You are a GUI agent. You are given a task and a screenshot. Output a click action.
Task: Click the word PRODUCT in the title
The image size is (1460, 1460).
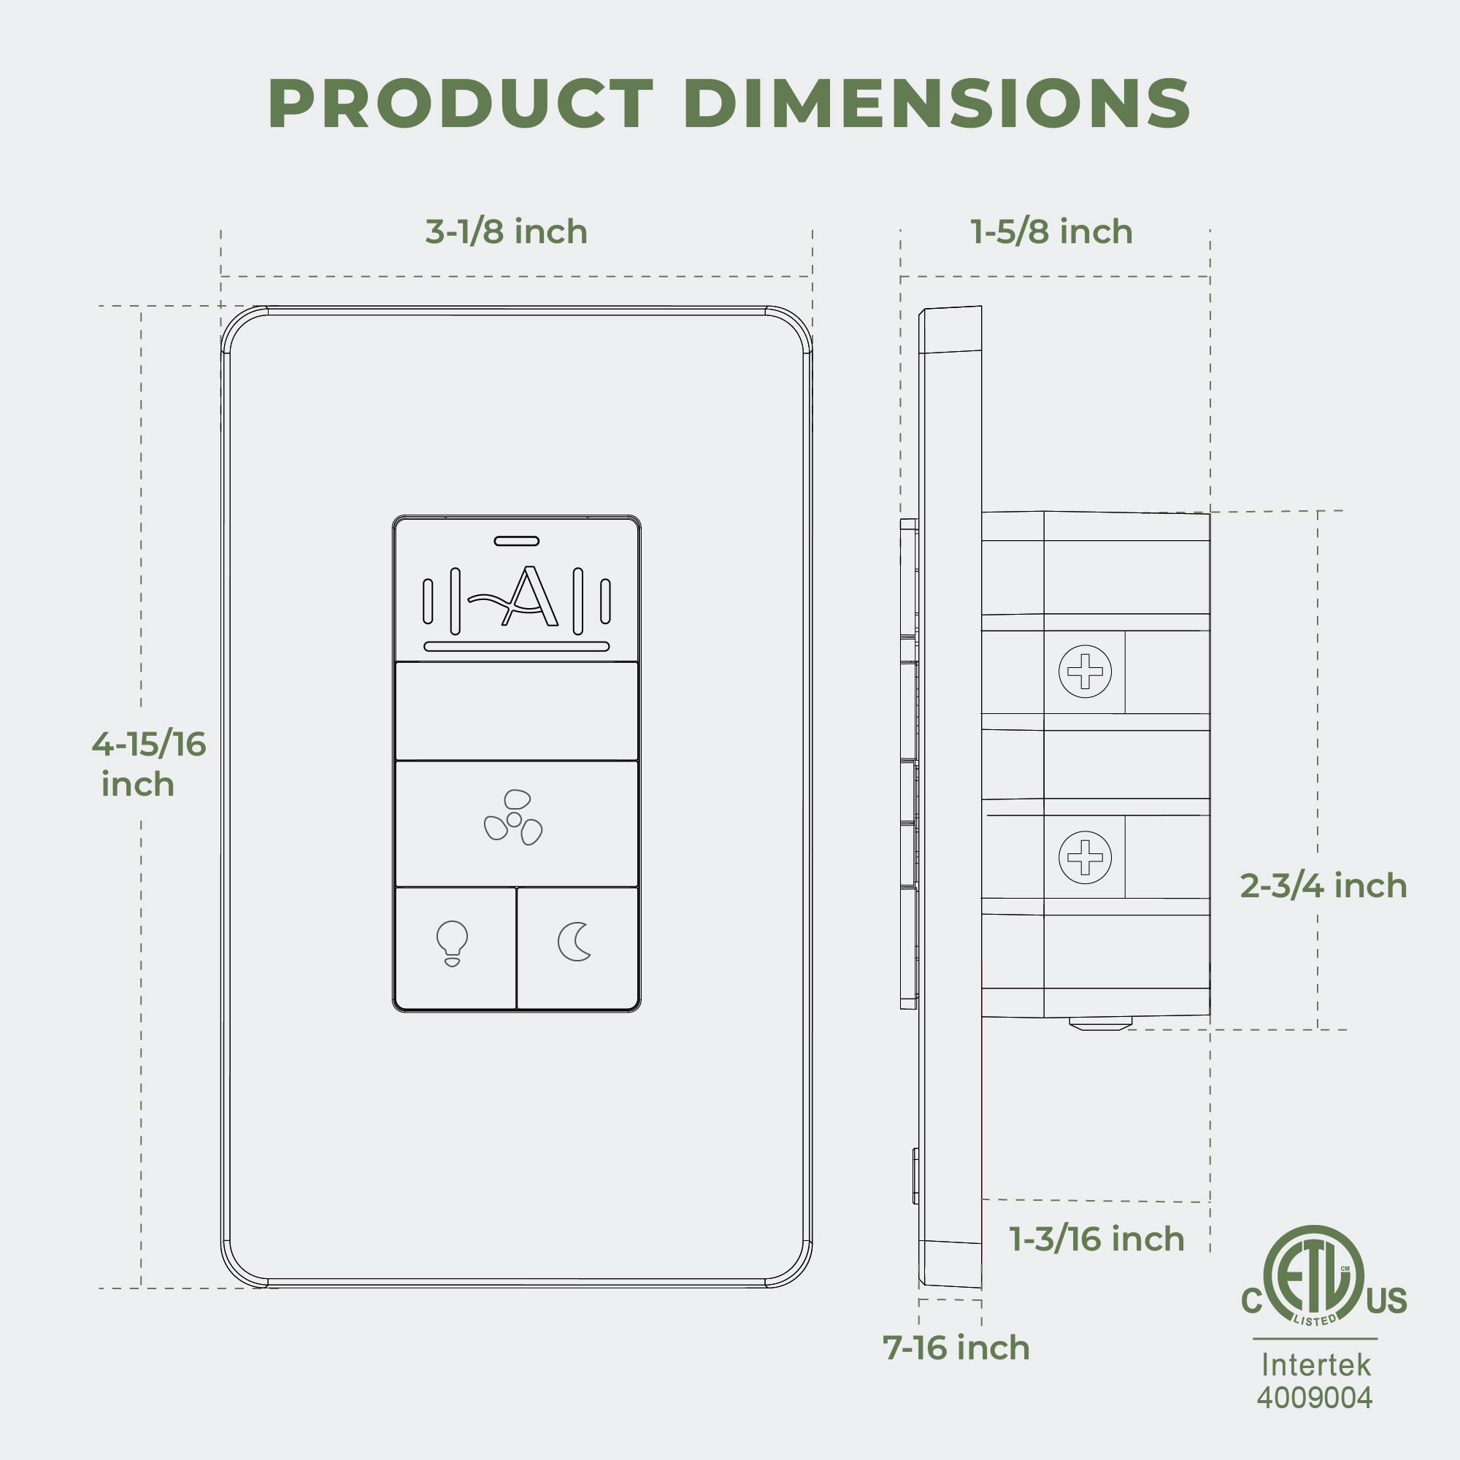[x=461, y=104]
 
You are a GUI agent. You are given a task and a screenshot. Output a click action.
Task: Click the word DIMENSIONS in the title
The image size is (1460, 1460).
[x=937, y=104]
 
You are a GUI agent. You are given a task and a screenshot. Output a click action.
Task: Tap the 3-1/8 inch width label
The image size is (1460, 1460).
[x=507, y=231]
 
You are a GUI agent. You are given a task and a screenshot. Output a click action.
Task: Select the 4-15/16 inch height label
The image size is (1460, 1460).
[x=149, y=764]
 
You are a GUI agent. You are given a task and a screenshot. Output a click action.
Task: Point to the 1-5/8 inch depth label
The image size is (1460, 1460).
[x=1051, y=231]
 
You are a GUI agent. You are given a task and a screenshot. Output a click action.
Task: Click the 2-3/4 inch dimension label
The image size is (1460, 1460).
[x=1323, y=885]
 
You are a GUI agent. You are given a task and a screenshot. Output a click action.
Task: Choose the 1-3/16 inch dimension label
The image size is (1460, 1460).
[x=1096, y=1239]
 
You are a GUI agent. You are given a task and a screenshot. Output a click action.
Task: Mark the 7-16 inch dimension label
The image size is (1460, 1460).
[x=956, y=1348]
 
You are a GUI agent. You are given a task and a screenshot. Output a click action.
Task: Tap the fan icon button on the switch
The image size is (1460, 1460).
[x=517, y=823]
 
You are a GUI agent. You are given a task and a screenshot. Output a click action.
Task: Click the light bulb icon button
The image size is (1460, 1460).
[x=456, y=948]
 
